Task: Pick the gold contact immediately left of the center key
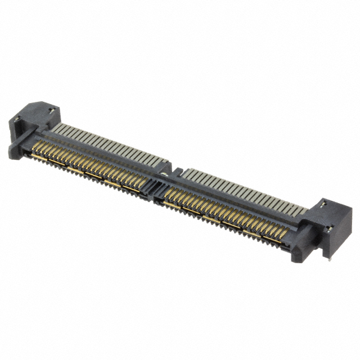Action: click(x=141, y=183)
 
